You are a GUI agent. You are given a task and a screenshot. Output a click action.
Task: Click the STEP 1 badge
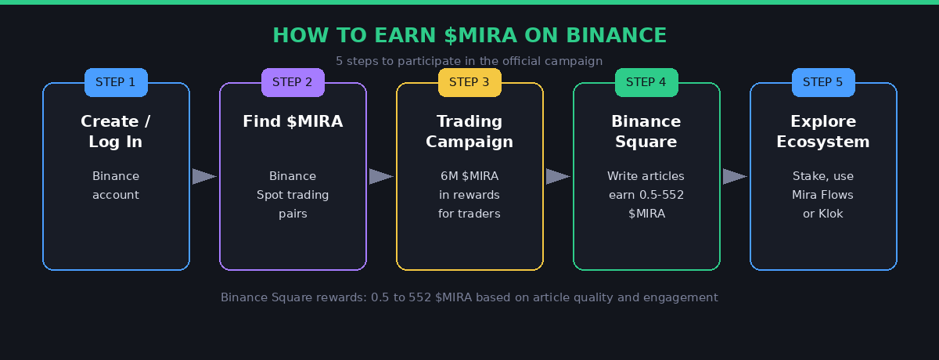point(116,82)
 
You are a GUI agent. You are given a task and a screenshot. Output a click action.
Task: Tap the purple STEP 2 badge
point(293,82)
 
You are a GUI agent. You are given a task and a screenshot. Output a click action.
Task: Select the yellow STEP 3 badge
point(469,82)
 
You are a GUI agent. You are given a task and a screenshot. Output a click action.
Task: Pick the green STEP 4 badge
point(646,82)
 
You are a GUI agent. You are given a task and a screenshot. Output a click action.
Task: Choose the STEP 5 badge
point(823,82)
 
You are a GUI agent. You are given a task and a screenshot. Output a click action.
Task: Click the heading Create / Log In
point(116,131)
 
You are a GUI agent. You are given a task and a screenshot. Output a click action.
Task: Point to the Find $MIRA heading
point(293,121)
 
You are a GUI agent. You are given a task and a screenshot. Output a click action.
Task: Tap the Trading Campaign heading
point(469,131)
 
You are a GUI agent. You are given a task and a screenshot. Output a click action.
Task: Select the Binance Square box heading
point(646,131)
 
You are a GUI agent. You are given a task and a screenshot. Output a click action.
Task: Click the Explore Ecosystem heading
point(823,131)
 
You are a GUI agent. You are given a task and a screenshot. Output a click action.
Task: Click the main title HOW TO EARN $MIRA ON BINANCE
point(469,35)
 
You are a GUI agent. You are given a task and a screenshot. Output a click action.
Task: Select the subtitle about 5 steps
point(469,61)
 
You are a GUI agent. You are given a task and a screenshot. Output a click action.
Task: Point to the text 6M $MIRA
point(469,176)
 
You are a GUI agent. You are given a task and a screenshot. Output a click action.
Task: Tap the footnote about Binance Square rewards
point(469,297)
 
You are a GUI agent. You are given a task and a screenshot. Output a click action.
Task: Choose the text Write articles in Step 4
point(646,176)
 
